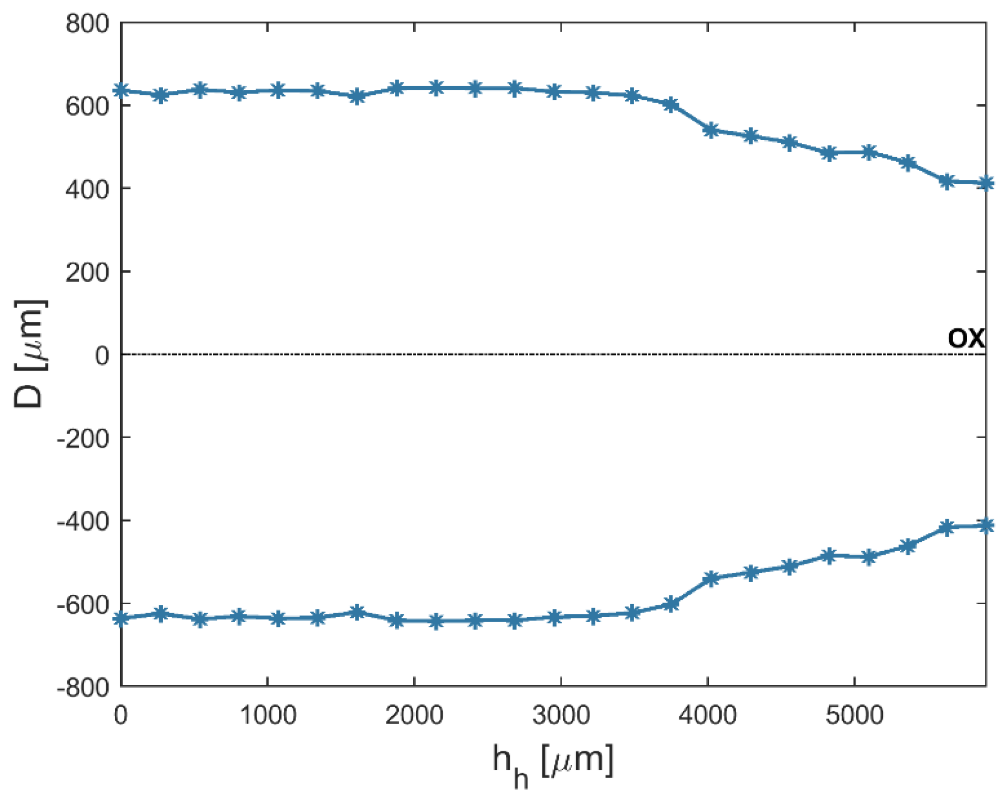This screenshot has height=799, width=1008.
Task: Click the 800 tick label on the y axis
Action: [x=87, y=24]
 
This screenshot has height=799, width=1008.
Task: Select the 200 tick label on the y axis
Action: [x=87, y=273]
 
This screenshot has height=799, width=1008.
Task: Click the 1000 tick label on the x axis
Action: [x=268, y=715]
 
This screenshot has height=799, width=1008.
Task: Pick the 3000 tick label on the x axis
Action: [x=561, y=715]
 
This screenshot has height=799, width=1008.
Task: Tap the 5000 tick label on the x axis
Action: [x=854, y=715]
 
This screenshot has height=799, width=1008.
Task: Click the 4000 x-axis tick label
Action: [x=708, y=715]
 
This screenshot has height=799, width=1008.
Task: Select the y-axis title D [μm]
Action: [x=30, y=355]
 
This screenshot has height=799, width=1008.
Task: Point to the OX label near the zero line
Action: [x=966, y=338]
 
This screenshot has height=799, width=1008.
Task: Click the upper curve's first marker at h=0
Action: [x=122, y=91]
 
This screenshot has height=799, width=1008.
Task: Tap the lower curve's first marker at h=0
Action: [x=122, y=619]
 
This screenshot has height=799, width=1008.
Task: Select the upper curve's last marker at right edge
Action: [x=985, y=183]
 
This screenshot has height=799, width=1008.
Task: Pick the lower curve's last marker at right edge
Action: [x=985, y=525]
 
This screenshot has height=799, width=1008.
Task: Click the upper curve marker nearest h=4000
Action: [x=711, y=130]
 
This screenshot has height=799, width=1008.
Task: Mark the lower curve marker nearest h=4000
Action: [x=711, y=579]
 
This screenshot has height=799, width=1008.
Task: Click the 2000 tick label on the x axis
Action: [x=414, y=715]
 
